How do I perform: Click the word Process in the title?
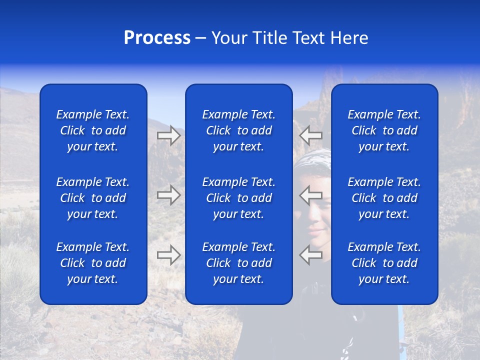pyautogui.click(x=157, y=38)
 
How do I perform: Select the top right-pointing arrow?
pyautogui.click(x=169, y=135)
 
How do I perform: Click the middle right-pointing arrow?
pyautogui.click(x=169, y=195)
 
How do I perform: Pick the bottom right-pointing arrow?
pyautogui.click(x=169, y=254)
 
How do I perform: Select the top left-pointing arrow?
pyautogui.click(x=310, y=135)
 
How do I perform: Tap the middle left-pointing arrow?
pyautogui.click(x=310, y=195)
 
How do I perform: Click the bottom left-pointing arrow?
pyautogui.click(x=310, y=254)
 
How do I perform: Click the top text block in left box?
pyautogui.click(x=93, y=130)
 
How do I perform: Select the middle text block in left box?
pyautogui.click(x=93, y=198)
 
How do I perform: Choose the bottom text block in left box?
pyautogui.click(x=93, y=263)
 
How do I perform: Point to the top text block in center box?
pyautogui.click(x=238, y=130)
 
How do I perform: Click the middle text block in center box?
pyautogui.click(x=238, y=198)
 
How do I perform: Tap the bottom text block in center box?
pyautogui.click(x=238, y=263)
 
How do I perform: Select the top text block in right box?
pyautogui.click(x=384, y=130)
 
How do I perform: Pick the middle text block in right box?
pyautogui.click(x=384, y=198)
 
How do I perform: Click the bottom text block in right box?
pyautogui.click(x=384, y=263)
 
